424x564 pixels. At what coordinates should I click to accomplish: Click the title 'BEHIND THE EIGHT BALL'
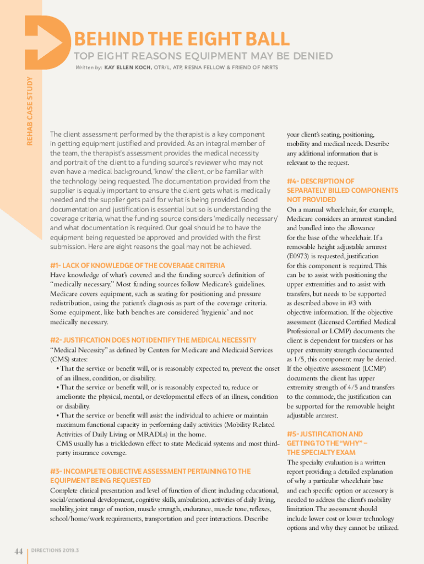(181, 39)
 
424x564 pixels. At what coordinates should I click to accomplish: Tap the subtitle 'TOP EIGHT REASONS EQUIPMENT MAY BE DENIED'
(203, 56)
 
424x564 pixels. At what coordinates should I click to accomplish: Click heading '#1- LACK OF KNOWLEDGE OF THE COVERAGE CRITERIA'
(137, 265)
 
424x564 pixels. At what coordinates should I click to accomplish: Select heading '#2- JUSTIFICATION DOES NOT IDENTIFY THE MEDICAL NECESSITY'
(153, 340)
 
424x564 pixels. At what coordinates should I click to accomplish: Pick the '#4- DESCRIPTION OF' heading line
(320, 181)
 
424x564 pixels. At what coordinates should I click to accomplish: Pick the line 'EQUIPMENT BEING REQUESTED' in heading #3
(101, 481)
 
